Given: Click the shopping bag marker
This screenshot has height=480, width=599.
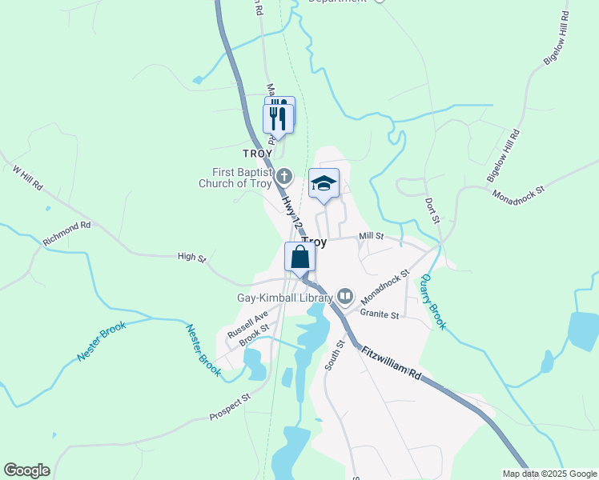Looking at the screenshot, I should click(299, 258).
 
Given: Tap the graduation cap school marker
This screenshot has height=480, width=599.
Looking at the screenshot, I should click(324, 184).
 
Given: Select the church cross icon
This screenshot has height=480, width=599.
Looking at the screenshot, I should click(285, 175).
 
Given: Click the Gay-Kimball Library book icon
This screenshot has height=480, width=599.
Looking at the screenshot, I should click(345, 297).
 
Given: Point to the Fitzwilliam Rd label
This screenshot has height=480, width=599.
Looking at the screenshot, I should click(391, 362).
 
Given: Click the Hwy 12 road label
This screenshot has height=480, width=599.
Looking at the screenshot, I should click(291, 210).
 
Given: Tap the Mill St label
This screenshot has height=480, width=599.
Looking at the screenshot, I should click(372, 236).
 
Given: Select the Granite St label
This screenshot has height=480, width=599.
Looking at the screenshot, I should click(379, 315).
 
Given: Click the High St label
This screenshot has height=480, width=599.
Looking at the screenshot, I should click(191, 258).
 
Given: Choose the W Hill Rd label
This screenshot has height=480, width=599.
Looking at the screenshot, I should click(28, 178).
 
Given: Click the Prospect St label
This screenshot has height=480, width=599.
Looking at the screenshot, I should click(230, 406).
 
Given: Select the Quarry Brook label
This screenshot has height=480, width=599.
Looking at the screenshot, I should click(433, 300).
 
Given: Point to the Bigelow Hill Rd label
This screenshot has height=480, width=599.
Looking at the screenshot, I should click(503, 154).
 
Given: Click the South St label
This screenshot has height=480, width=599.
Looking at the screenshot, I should click(335, 354).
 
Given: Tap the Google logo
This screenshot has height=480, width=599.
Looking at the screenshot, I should click(26, 470).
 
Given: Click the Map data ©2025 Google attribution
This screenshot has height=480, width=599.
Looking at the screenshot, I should click(549, 474).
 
